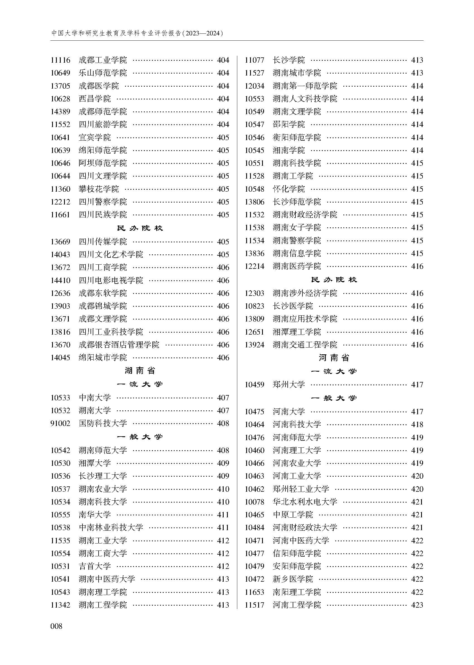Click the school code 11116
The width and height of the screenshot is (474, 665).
pos(60,60)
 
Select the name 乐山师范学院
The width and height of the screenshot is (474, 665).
pos(103,73)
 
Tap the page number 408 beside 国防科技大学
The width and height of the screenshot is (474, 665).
pos(223,423)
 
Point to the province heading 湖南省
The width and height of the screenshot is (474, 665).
pos(140,371)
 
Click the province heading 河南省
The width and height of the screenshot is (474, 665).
pos(334,358)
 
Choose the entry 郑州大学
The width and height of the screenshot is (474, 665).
pos(289,384)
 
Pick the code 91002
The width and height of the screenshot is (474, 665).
pos(60,423)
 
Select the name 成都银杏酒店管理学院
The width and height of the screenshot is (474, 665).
pos(119,345)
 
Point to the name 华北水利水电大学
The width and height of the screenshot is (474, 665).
pos(305,502)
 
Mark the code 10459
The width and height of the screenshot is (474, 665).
pos(255,384)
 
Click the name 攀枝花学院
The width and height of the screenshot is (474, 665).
pos(99,189)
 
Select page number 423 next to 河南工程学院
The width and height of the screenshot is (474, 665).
pos(417,605)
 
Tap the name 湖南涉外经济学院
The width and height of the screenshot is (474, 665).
pos(305,293)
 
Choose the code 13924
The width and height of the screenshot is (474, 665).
pos(255,345)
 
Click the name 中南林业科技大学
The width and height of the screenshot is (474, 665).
pos(111,527)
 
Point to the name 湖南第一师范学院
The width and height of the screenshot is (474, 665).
pos(305,86)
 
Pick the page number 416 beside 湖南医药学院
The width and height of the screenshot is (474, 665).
pos(417,266)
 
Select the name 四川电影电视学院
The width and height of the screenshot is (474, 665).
pos(111,280)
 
